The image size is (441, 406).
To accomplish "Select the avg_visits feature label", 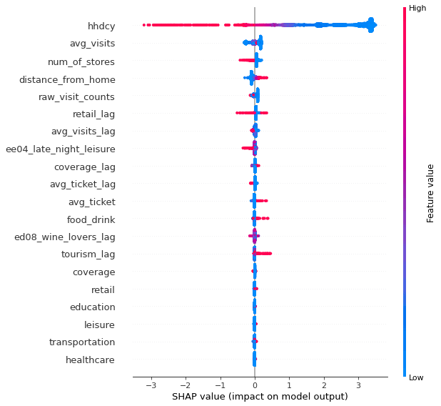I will click(91, 44).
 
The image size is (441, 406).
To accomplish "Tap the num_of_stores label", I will click(81, 61).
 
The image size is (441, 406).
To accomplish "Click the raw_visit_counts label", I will click(76, 96).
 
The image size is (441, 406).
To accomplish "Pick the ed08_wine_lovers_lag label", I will click(64, 237).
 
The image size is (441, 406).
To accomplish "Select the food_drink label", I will click(91, 219).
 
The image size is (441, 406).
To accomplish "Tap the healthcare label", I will click(90, 360).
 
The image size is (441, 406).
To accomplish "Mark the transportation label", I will click(81, 342).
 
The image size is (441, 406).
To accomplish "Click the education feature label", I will click(92, 307).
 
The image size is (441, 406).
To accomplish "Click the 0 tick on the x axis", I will click(255, 385).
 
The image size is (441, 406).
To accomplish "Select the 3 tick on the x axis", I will click(358, 385).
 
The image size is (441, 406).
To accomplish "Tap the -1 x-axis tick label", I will click(219, 385).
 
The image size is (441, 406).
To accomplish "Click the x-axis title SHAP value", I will click(260, 396).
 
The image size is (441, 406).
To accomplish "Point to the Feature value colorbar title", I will click(430, 192).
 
